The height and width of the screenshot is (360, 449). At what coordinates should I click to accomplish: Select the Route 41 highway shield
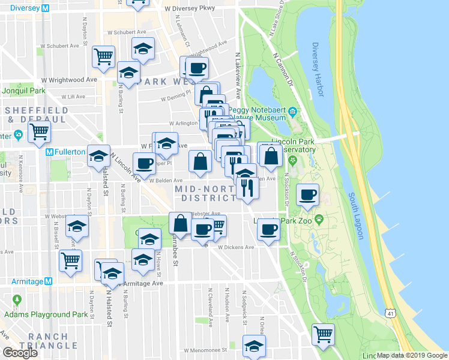[x=391, y=314]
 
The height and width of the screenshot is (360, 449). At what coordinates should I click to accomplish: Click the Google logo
[x=20, y=353]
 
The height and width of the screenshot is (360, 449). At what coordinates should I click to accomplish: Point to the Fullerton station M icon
[x=51, y=152]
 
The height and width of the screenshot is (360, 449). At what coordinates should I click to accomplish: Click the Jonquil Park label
[x=24, y=91]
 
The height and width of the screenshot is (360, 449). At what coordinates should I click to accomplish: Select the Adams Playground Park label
[x=46, y=314]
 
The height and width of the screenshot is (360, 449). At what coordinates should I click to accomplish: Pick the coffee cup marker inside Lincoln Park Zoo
[x=308, y=194]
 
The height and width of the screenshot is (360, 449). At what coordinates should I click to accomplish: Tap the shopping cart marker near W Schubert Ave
[x=104, y=56]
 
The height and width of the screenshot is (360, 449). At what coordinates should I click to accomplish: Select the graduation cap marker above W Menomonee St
[x=254, y=345]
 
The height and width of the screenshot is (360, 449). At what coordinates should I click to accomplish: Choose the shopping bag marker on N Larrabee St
[x=180, y=223]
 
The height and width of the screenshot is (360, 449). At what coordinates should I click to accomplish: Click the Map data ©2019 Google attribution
[x=412, y=355]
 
